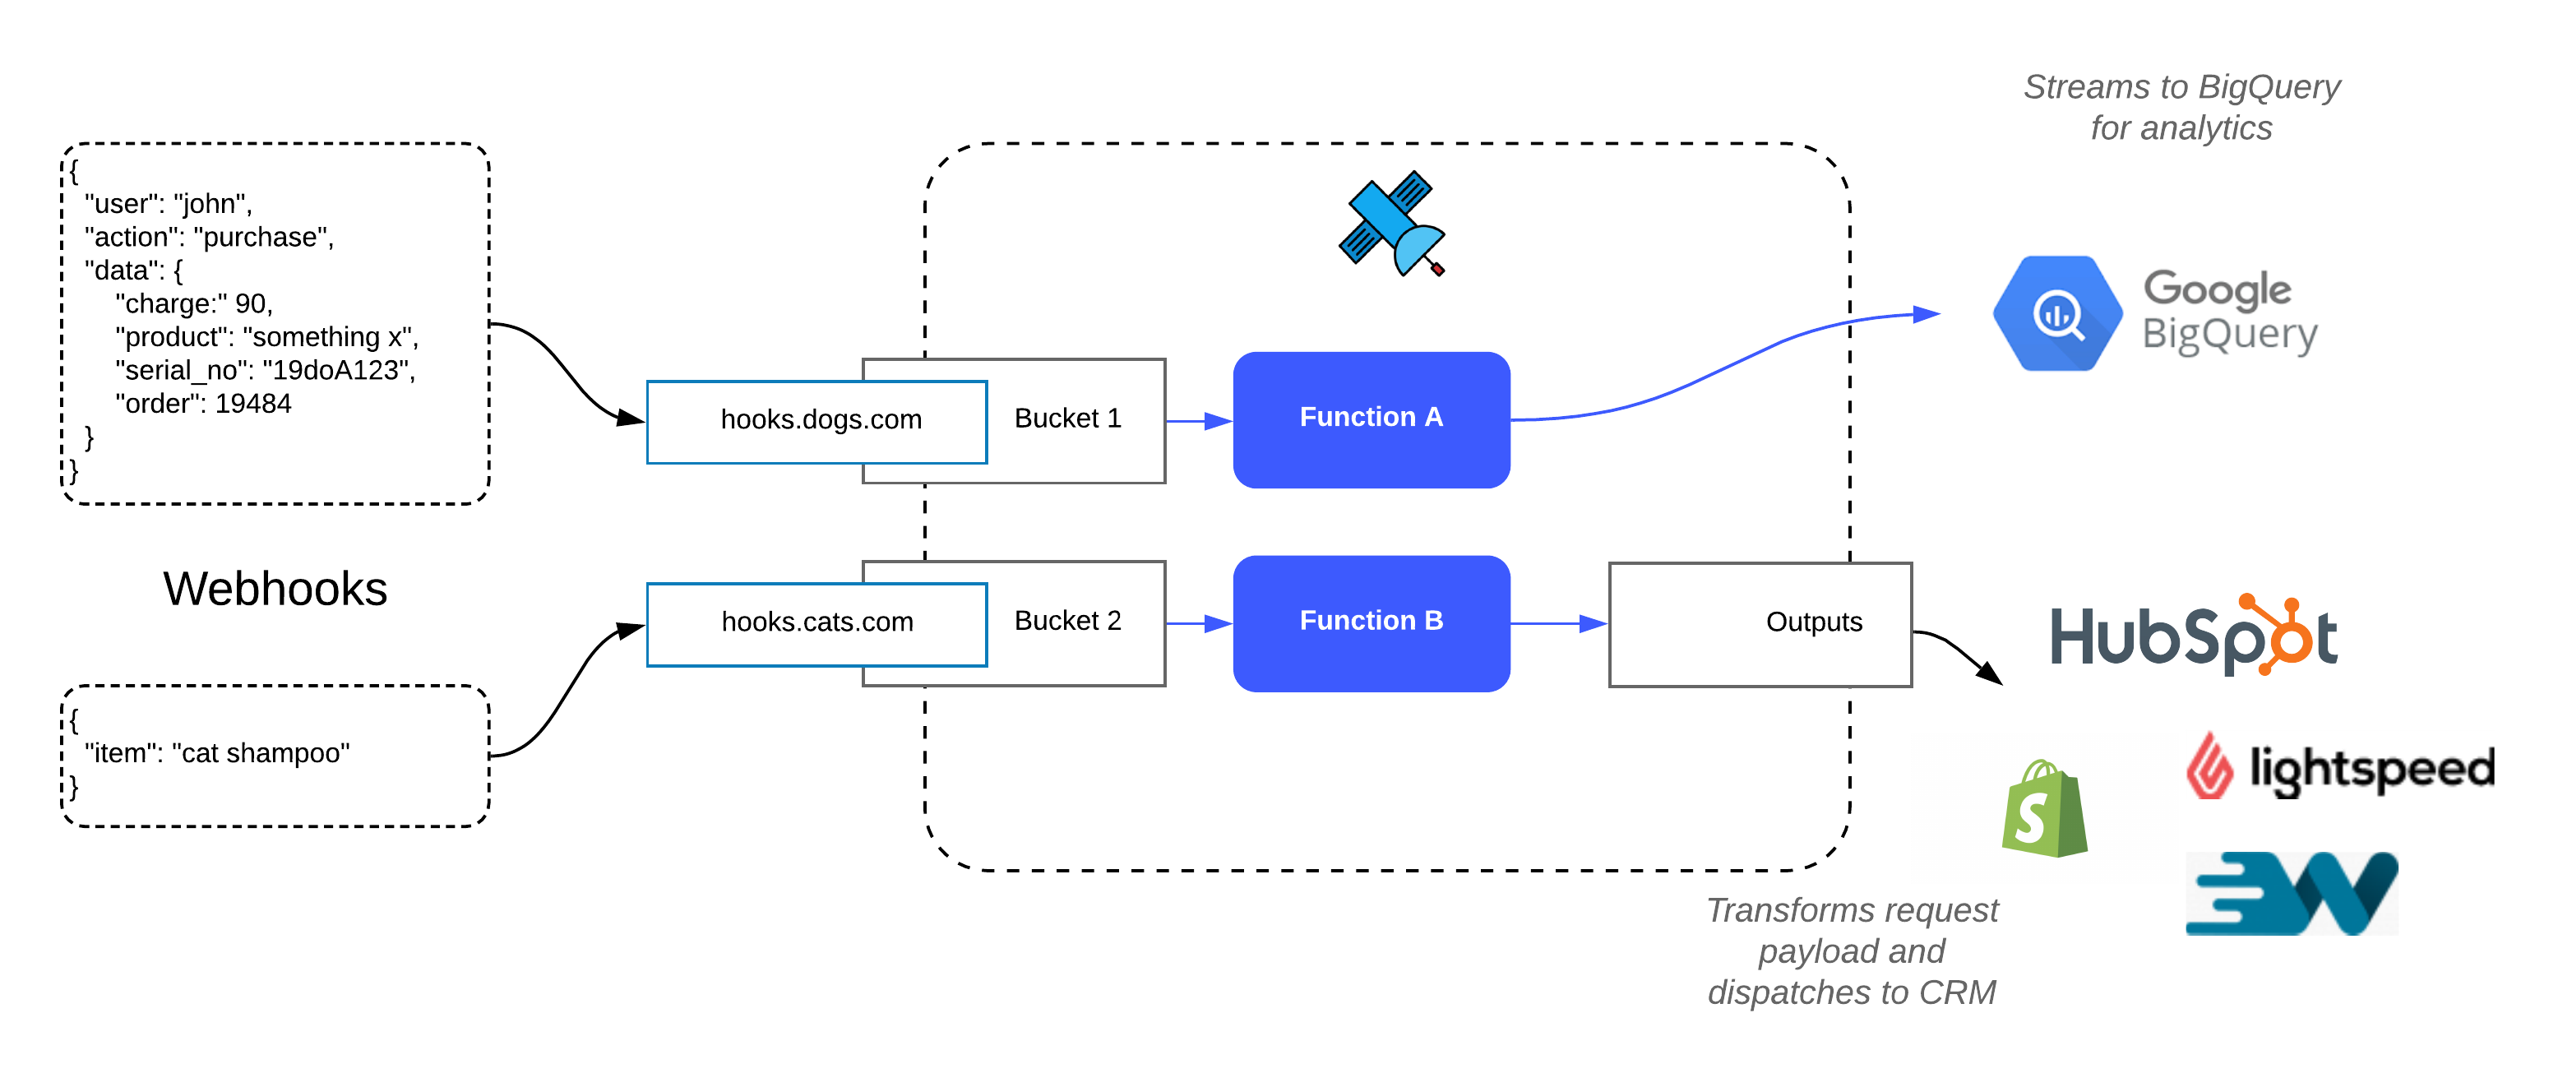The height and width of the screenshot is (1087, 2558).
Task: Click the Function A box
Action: tap(1371, 419)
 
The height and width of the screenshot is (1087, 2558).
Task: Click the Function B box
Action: tap(1371, 622)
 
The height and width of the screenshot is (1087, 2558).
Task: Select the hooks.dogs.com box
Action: tap(817, 421)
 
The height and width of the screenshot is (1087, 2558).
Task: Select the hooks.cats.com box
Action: tap(817, 623)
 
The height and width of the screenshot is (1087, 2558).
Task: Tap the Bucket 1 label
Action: tap(1067, 419)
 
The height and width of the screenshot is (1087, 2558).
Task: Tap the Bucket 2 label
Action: tap(1067, 622)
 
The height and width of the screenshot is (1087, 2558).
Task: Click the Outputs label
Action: tap(1813, 622)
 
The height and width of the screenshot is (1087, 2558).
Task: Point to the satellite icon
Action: tap(1391, 224)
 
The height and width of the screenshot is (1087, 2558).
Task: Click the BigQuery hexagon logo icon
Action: tap(2057, 314)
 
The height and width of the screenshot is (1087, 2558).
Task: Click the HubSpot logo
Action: tap(2194, 636)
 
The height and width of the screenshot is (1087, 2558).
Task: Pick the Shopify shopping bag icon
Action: tap(2043, 808)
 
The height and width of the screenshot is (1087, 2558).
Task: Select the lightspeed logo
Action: tap(2338, 766)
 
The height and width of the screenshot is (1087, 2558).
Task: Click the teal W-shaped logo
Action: tap(2291, 894)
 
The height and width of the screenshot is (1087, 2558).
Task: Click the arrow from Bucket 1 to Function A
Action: tap(1199, 421)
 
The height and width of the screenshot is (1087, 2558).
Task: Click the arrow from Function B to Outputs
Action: tap(1559, 623)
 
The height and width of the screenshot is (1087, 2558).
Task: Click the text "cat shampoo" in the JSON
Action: tap(260, 753)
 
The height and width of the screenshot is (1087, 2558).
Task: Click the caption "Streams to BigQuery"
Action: tap(2181, 87)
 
